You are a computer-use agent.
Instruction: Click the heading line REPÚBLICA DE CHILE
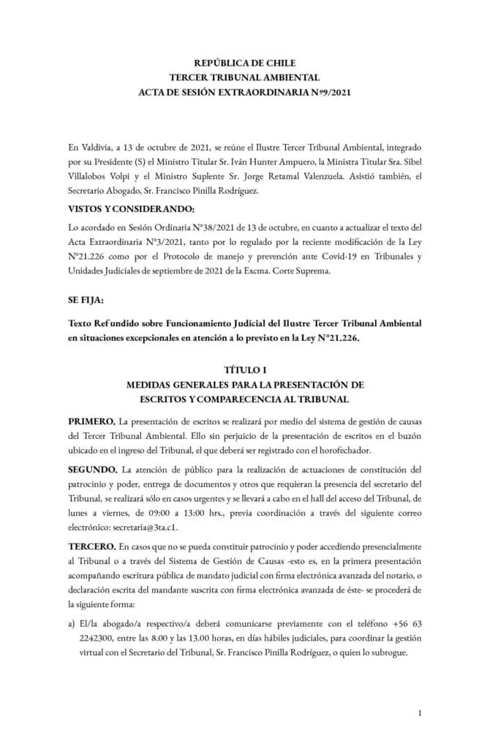(244, 64)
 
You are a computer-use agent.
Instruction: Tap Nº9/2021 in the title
(321, 91)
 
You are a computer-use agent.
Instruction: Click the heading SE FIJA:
(86, 301)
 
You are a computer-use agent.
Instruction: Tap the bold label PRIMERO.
(91, 423)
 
